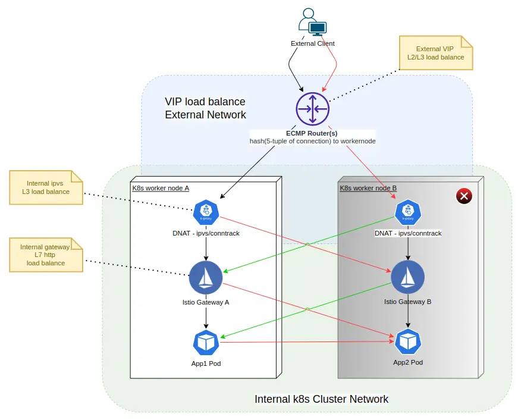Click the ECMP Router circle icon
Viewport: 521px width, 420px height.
[312, 109]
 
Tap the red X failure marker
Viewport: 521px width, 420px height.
[463, 196]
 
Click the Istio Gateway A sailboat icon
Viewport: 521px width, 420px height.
[206, 277]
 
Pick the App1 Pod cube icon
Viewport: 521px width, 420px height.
[206, 342]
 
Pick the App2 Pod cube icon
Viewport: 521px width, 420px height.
[408, 341]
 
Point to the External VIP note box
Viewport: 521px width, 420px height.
[435, 52]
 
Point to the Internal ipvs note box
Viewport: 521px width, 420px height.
[45, 187]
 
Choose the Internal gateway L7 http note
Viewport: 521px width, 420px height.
[45, 255]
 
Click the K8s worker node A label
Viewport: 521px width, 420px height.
[161, 188]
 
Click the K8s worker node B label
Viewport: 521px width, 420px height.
[368, 188]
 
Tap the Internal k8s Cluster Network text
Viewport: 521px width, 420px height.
[321, 399]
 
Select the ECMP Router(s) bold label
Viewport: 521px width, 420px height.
[312, 133]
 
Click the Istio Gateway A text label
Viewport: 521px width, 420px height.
[206, 302]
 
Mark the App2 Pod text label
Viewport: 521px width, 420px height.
[408, 362]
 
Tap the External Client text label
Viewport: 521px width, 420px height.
[312, 43]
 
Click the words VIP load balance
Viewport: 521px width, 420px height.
[205, 102]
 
